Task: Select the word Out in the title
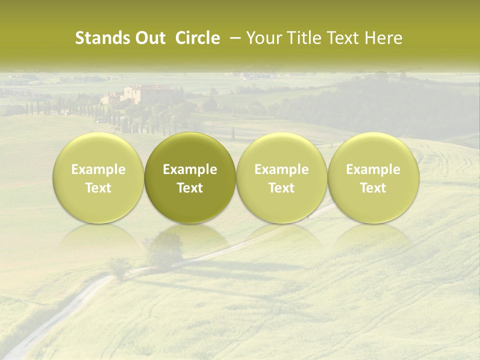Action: tap(149, 38)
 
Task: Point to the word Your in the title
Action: tap(263, 38)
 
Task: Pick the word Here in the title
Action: tap(384, 38)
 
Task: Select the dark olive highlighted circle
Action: tap(190, 177)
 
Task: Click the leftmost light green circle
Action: tap(98, 177)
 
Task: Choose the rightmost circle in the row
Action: tap(373, 177)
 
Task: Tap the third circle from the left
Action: tap(281, 177)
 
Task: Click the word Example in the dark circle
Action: tap(190, 169)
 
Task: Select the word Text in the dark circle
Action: tap(190, 188)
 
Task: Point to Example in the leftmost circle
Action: tap(98, 169)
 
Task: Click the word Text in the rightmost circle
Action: tap(373, 188)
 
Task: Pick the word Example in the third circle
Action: tap(281, 169)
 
